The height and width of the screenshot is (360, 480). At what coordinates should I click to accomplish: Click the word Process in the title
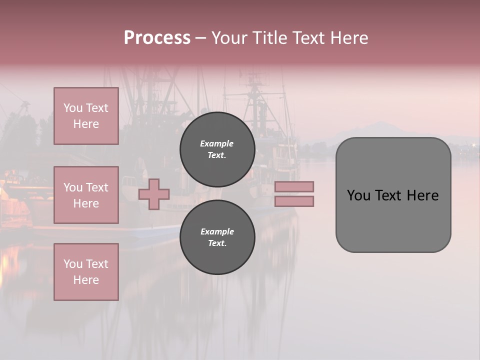click(157, 38)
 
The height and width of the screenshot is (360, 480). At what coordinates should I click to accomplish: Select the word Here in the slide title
click(348, 38)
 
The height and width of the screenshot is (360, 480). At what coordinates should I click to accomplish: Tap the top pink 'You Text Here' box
click(86, 116)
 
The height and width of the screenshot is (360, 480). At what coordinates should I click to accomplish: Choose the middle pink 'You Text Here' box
click(86, 195)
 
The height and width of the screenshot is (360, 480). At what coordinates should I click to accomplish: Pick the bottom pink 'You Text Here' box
click(86, 272)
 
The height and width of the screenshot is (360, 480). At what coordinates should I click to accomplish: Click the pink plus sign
click(154, 194)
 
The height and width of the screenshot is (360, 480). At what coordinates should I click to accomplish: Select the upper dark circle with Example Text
click(217, 149)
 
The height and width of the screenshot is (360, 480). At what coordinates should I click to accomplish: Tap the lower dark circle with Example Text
click(217, 237)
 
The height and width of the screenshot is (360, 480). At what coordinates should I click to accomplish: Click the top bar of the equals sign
click(294, 186)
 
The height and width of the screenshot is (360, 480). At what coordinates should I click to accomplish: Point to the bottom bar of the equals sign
click(294, 201)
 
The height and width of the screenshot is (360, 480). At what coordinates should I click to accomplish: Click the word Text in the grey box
click(393, 195)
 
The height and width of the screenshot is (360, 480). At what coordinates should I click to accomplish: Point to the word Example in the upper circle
click(217, 143)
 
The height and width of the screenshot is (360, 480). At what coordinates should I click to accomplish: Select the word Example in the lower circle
click(217, 231)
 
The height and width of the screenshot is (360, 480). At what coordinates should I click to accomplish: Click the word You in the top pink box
click(73, 108)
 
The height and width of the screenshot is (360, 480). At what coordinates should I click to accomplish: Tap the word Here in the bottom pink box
click(86, 280)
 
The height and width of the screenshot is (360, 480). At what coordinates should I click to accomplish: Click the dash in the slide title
click(201, 38)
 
